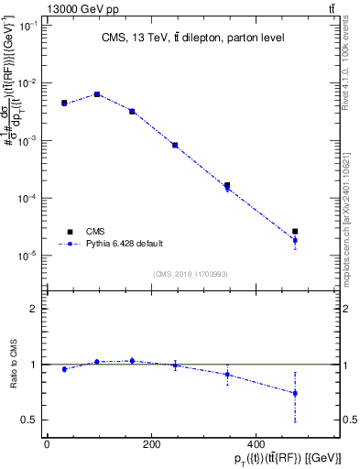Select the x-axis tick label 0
click(47, 444)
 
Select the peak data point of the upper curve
click(97, 94)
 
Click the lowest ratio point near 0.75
click(295, 393)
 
